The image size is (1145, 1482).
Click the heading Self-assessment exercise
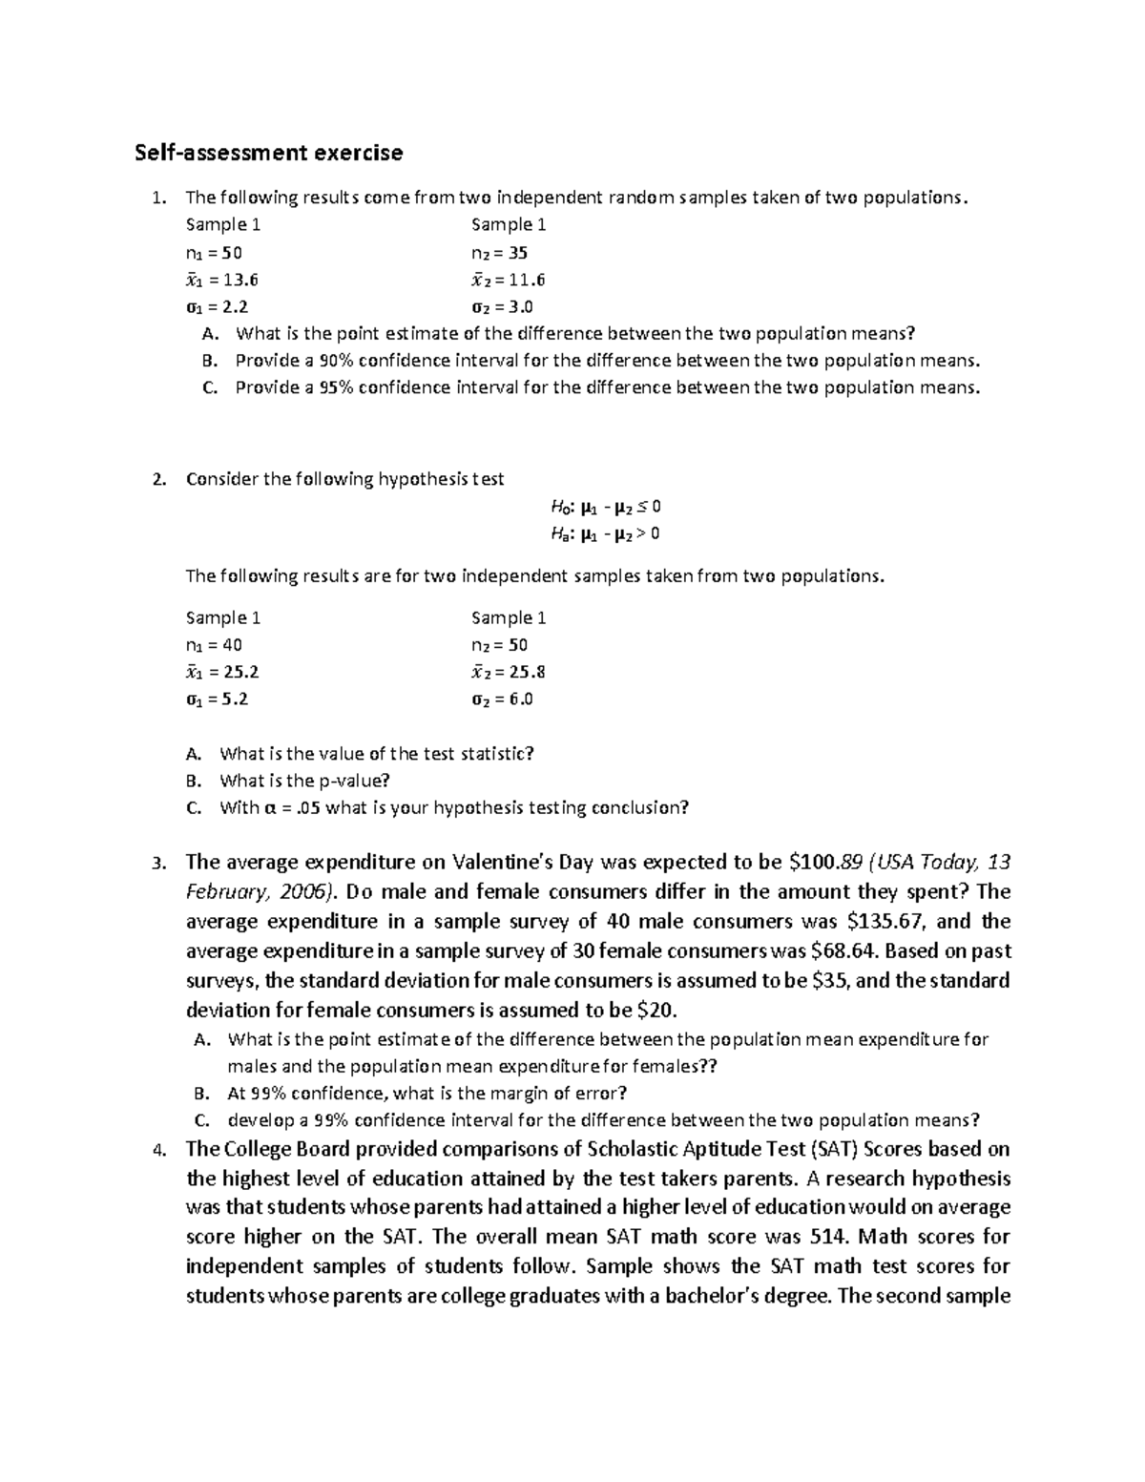coord(268,153)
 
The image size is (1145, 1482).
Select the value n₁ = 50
coord(214,253)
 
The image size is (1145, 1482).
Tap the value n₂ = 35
coord(499,253)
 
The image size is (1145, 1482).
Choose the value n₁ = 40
coord(214,645)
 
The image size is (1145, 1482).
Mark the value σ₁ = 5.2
coord(217,699)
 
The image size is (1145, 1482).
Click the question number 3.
coord(159,864)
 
